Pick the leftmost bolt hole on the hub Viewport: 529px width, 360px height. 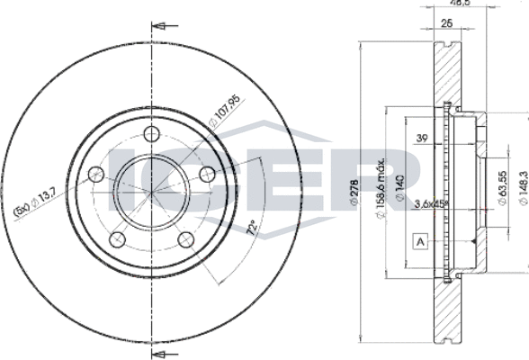(x=96, y=173)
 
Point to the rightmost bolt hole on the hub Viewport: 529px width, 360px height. (x=207, y=173)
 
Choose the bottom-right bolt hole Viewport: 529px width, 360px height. (x=185, y=238)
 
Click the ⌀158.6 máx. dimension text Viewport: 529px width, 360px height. (x=381, y=185)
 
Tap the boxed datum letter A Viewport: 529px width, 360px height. (x=419, y=240)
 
